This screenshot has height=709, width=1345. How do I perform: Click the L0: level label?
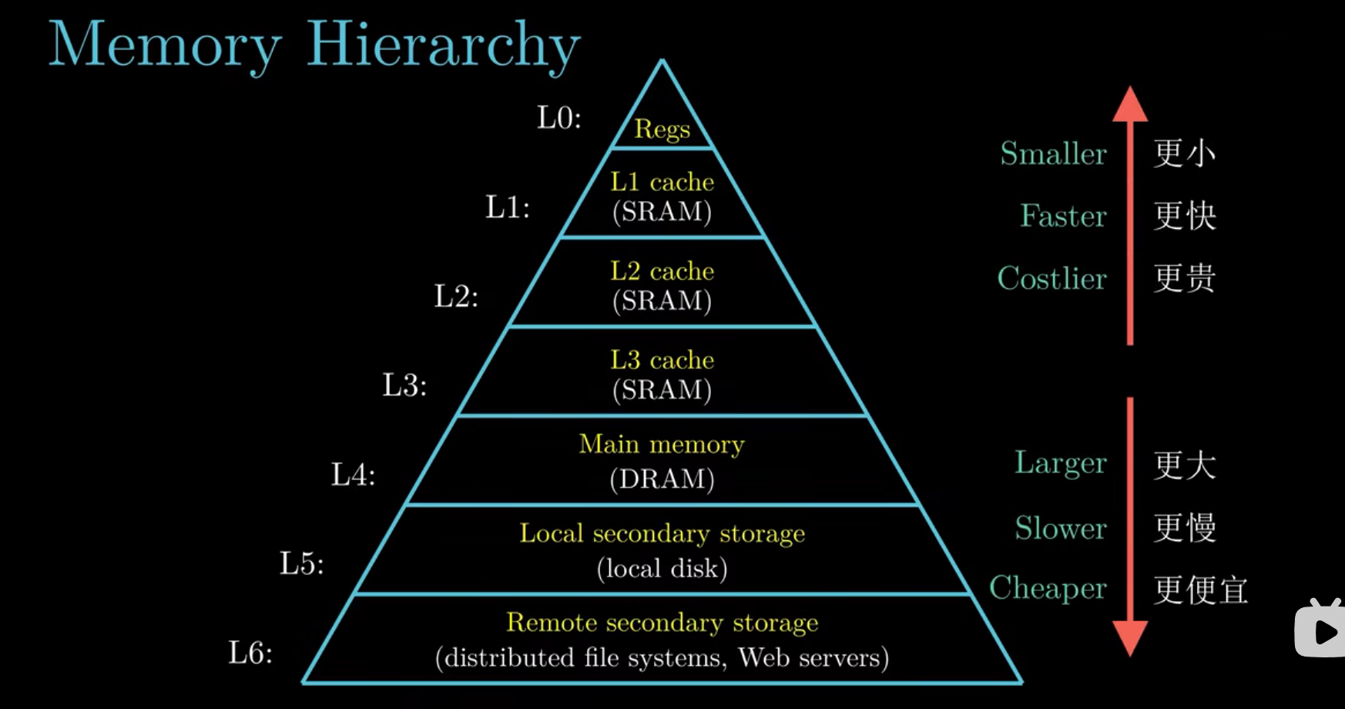[x=558, y=118]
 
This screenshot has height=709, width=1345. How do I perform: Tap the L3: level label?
[x=404, y=385]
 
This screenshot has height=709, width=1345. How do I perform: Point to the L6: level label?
[x=250, y=653]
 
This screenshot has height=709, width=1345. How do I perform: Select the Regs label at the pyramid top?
[x=662, y=129]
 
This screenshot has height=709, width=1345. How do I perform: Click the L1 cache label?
[x=662, y=182]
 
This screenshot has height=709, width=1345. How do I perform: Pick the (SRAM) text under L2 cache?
[x=662, y=301]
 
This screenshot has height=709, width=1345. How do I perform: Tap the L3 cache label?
[x=662, y=360]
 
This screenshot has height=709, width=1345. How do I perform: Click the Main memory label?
[x=662, y=445]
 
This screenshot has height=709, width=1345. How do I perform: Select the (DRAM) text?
[x=662, y=479]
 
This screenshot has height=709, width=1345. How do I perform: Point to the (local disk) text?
[x=662, y=569]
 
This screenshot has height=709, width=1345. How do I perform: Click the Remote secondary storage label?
[x=662, y=623]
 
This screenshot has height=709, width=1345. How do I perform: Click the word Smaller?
[x=1053, y=154]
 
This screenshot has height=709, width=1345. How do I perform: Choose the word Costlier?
[x=1052, y=278]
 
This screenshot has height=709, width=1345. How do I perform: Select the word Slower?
[x=1060, y=529]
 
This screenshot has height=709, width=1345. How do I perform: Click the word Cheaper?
[x=1048, y=589]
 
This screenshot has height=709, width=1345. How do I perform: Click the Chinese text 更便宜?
[x=1200, y=590]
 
